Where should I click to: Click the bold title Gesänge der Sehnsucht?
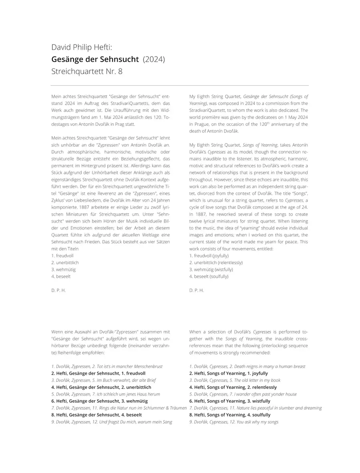point(95,60)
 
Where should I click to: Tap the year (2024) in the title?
point(154,60)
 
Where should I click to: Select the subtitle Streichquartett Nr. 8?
point(87,72)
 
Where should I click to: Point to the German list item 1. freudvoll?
point(62,255)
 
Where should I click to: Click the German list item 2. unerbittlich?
point(65,263)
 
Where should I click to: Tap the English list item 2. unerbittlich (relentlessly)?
point(216,263)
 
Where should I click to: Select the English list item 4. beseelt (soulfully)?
point(209,276)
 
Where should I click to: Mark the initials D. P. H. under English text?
point(196,290)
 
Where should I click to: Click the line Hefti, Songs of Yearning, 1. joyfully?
point(228,373)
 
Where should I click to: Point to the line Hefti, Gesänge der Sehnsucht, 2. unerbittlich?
point(101,387)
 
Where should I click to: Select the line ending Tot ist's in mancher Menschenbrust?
point(107,366)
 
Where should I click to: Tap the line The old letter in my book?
point(235,380)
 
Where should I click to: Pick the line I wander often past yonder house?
point(243,394)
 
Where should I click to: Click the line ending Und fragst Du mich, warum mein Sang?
point(112,422)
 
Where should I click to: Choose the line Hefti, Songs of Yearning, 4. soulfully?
point(230,415)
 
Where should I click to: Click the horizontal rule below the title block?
point(180,85)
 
